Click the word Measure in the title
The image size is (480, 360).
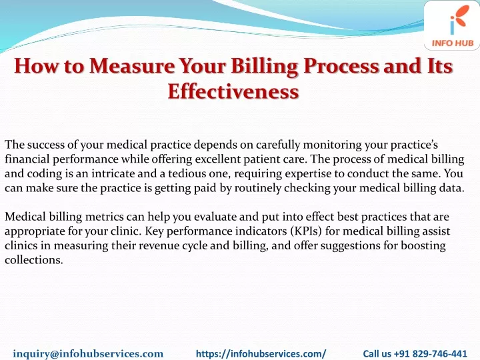132,66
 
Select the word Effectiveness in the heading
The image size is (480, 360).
233,91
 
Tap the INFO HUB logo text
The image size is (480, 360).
453,43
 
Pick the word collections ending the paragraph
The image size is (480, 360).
34,260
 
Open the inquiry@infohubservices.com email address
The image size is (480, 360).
88,353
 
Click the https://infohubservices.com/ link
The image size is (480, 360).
261,353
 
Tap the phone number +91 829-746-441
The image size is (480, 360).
430,353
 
